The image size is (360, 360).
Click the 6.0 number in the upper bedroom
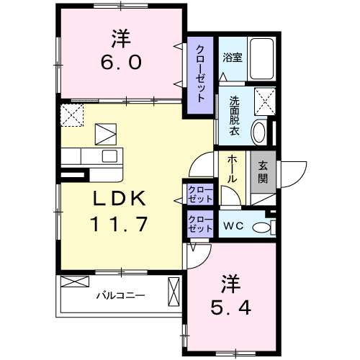click(120, 62)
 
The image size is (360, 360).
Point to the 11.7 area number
click(119, 224)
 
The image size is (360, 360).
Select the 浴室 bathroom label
click(232, 58)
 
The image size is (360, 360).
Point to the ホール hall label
click(233, 168)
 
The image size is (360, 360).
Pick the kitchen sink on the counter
click(110, 156)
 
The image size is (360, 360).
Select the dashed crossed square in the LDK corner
click(71, 115)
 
